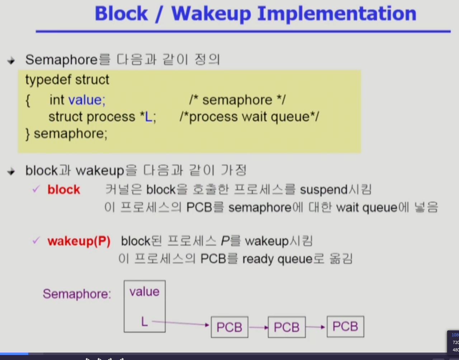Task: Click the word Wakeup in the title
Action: pos(211,14)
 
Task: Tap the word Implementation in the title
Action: pos(337,14)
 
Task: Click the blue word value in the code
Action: pos(86,100)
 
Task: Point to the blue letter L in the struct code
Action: pos(148,117)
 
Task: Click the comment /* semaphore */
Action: pos(237,100)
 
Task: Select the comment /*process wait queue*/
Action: pos(249,117)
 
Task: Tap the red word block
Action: pos(63,190)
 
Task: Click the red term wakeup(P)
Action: pos(79,241)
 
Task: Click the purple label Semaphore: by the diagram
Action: pos(77,294)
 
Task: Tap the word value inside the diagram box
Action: pos(145,292)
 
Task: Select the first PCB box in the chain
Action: pos(229,327)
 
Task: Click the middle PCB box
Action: pos(287,327)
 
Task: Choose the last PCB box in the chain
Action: pos(345,327)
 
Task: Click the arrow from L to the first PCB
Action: pos(181,323)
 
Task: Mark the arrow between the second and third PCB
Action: pos(316,327)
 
